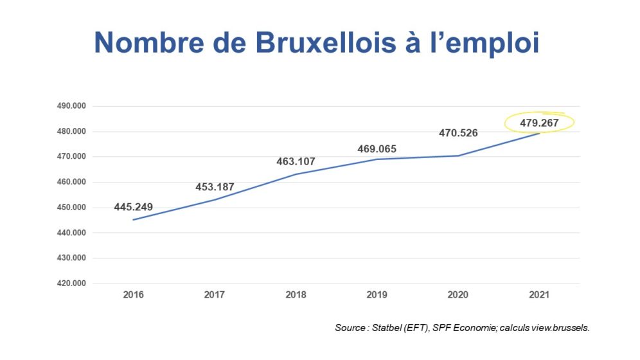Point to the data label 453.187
[x=215, y=187]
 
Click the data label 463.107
[x=296, y=162]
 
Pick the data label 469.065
[x=377, y=149]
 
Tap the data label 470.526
[x=458, y=133]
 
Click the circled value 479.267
[x=540, y=123]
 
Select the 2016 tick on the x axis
[x=134, y=294]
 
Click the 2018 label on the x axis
[x=296, y=294]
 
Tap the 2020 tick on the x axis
[x=458, y=294]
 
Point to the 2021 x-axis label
[x=539, y=294]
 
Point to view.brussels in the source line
[x=560, y=328]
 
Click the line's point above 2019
[x=377, y=159]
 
